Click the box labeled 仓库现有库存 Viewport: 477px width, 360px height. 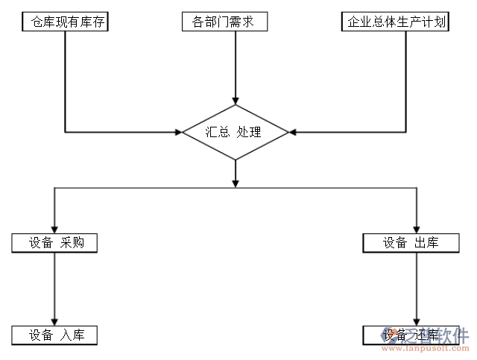point(66,22)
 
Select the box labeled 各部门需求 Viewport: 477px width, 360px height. point(224,22)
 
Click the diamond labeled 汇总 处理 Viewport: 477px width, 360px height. point(236,133)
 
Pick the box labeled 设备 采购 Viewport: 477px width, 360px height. point(54,243)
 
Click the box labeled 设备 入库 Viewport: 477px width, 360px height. point(54,335)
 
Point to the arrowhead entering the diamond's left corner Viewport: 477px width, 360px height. point(178,133)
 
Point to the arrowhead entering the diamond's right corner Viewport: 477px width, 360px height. point(293,133)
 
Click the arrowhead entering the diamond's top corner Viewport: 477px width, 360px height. point(236,101)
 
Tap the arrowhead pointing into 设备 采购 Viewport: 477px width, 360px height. point(54,230)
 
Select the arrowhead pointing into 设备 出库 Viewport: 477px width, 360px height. point(416,230)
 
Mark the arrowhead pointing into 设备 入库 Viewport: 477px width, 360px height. point(54,321)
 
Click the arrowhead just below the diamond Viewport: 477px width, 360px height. point(236,183)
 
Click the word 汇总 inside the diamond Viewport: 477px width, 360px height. point(217,133)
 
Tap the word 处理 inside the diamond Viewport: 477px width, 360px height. point(249,133)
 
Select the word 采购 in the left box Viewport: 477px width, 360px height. point(72,243)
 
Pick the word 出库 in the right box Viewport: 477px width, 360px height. point(426,243)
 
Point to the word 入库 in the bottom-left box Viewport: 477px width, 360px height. point(72,335)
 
